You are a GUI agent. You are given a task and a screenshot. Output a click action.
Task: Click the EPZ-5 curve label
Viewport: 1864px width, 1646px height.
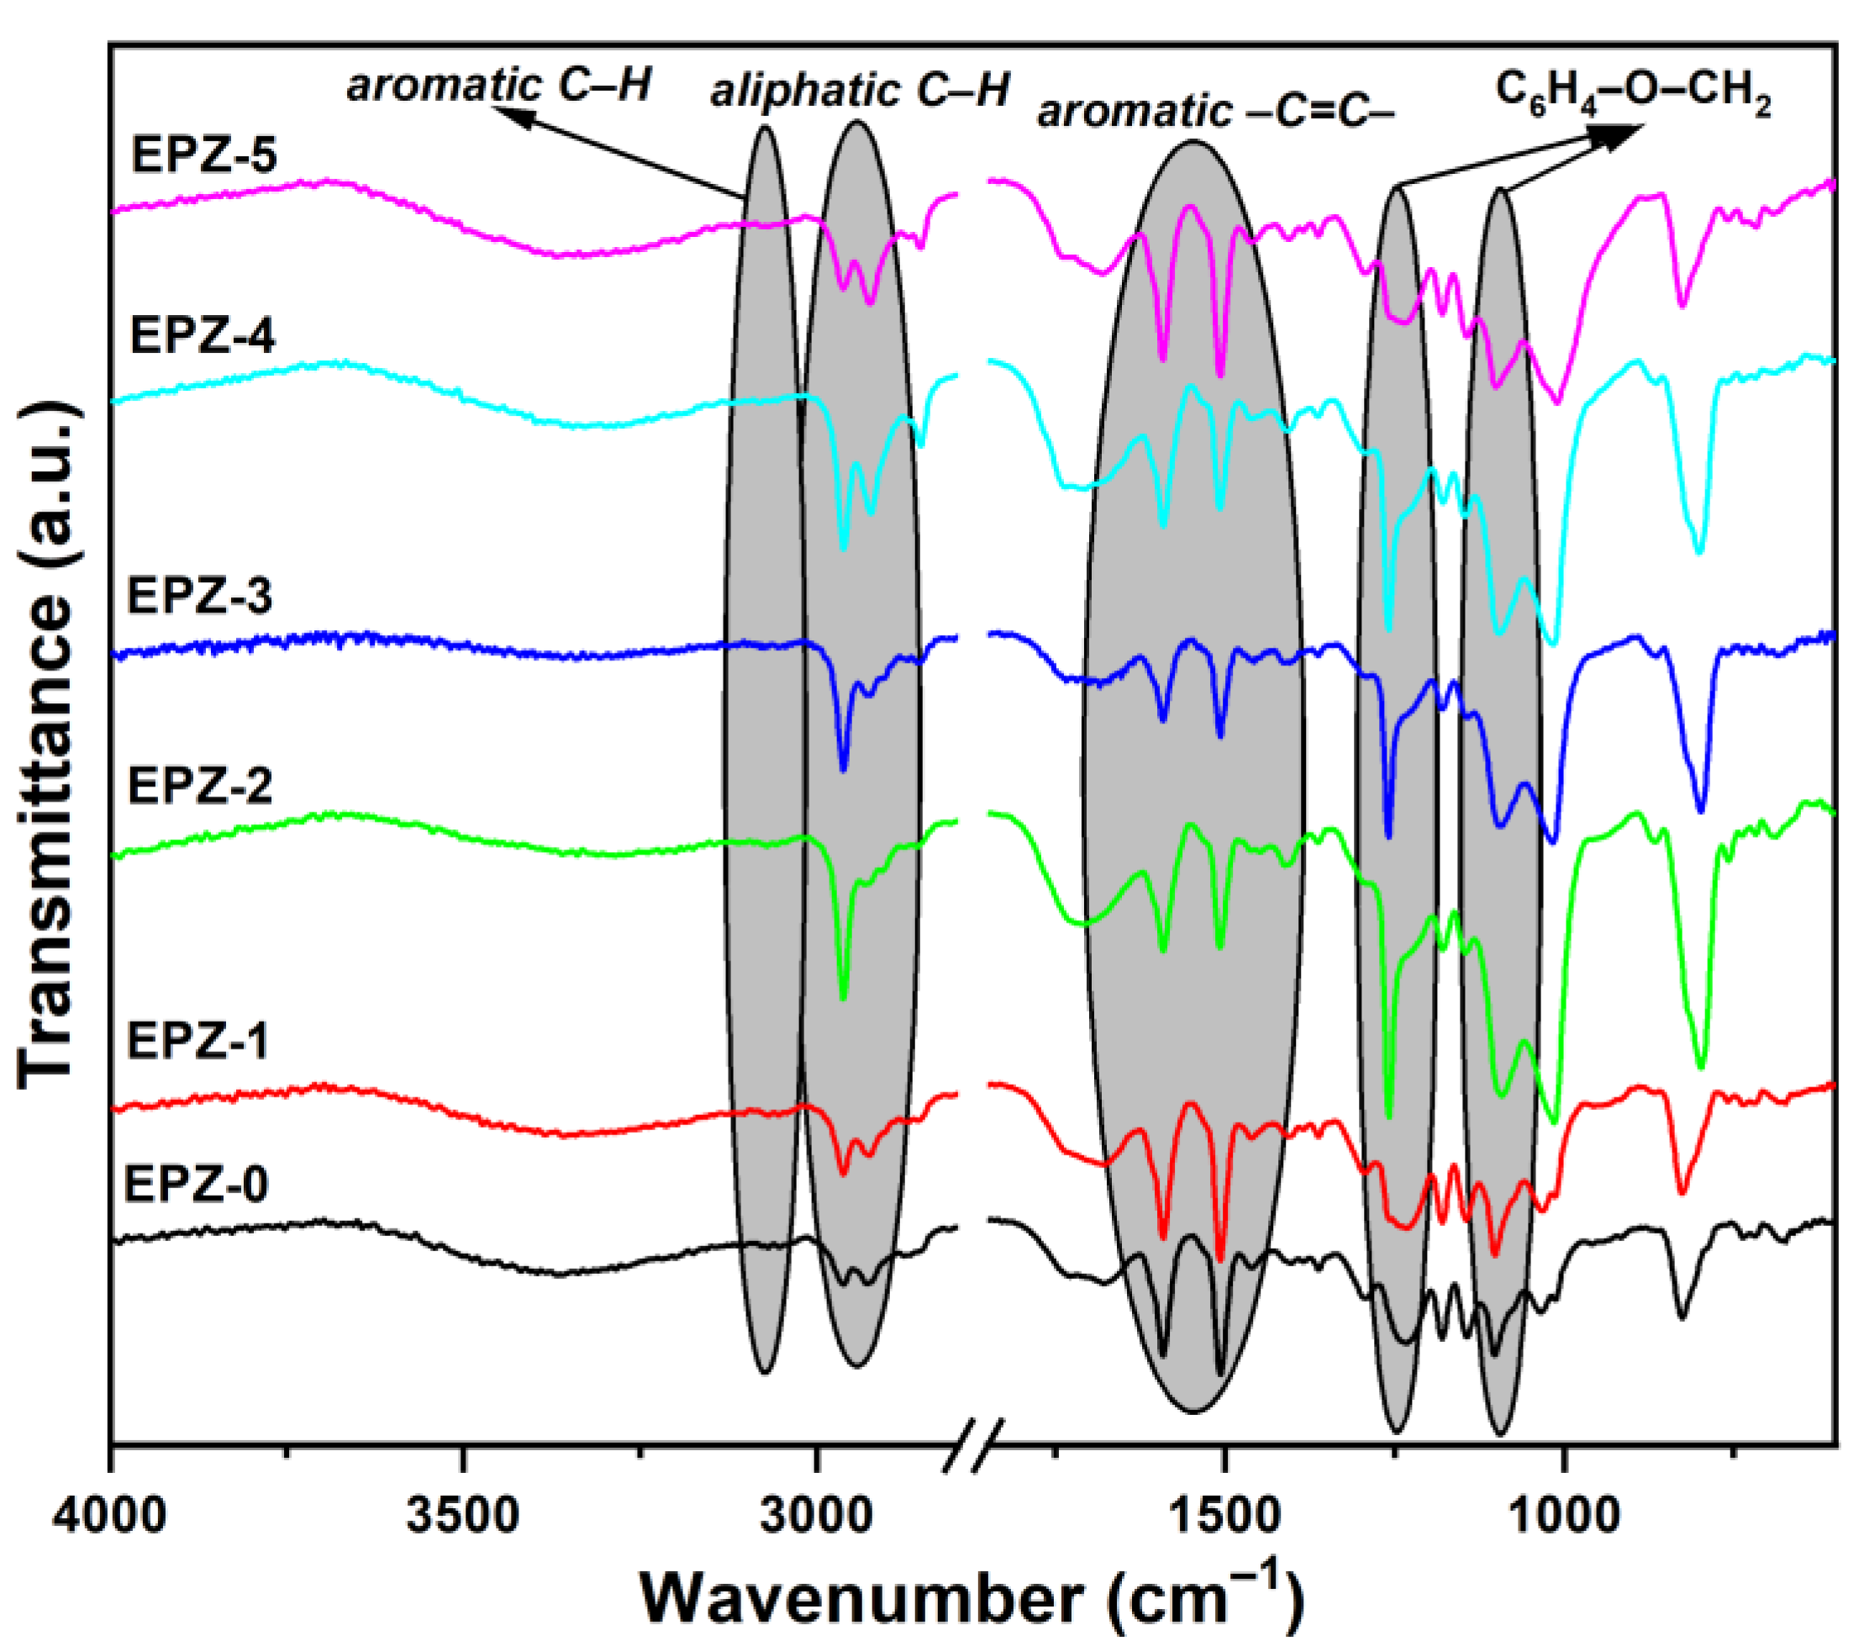point(203,155)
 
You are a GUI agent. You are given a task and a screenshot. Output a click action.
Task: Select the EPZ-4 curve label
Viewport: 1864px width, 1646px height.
point(203,336)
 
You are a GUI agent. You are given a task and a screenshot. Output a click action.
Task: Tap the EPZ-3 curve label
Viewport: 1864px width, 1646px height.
point(199,597)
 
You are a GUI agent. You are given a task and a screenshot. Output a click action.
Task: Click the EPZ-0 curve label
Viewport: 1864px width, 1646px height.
point(196,1186)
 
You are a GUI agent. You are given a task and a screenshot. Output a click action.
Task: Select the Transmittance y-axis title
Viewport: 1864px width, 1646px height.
point(45,747)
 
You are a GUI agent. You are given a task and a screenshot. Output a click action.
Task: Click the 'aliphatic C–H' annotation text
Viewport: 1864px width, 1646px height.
point(859,92)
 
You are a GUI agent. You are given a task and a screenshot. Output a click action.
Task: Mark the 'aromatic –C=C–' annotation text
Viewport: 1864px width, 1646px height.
point(1217,112)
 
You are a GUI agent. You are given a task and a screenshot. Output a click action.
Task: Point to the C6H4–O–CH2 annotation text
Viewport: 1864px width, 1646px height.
point(1632,93)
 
